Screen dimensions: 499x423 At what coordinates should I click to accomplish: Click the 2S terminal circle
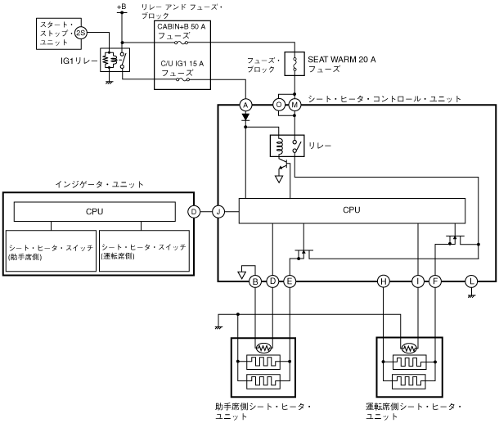click(x=81, y=33)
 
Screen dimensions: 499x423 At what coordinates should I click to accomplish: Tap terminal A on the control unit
click(x=245, y=105)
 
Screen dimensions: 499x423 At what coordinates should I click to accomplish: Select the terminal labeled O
click(x=279, y=105)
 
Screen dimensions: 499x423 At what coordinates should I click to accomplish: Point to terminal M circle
click(x=294, y=105)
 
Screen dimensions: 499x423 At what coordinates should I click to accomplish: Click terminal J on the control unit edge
click(x=218, y=212)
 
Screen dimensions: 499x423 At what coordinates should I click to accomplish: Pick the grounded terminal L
click(x=471, y=281)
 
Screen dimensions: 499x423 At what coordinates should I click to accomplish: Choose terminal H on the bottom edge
click(x=384, y=281)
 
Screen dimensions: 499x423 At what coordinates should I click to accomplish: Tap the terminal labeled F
click(x=435, y=281)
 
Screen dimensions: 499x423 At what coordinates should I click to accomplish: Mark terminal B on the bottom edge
click(x=255, y=281)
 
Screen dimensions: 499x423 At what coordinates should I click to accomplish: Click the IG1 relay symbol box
click(x=115, y=60)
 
